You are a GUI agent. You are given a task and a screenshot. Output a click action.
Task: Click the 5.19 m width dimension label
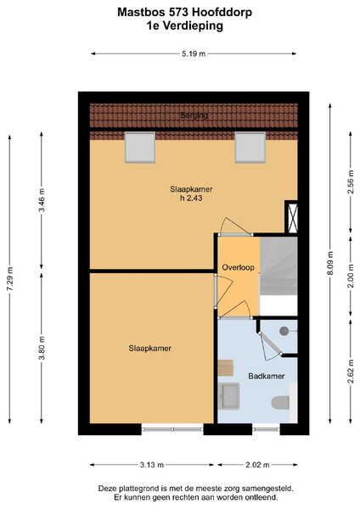point(194,53)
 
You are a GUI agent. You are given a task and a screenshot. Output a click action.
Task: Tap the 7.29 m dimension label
point(9,279)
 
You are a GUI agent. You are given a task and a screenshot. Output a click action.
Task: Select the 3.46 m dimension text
point(42,199)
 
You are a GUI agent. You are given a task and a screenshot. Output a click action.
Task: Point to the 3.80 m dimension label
point(42,348)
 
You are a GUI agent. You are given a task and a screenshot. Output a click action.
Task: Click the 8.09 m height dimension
point(330,263)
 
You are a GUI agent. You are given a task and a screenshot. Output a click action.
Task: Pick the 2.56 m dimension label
point(351,182)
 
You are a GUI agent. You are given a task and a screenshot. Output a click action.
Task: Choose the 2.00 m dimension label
point(351,276)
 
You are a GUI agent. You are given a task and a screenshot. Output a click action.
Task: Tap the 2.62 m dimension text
point(351,372)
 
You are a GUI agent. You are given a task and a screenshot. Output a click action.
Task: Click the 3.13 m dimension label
point(152,465)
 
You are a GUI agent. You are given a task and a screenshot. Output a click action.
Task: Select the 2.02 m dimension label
point(257,465)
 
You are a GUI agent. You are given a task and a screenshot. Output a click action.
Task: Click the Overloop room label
point(238,267)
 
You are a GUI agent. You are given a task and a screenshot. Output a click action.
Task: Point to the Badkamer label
point(267,376)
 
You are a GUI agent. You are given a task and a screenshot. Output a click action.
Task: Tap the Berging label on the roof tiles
point(194,115)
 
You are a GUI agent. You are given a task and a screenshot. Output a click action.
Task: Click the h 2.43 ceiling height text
point(191,198)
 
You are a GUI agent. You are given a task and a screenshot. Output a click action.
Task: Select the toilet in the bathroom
point(280,403)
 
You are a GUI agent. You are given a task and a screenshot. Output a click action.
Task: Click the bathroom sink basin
point(229,396)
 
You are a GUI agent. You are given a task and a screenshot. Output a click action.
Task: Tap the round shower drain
point(284,331)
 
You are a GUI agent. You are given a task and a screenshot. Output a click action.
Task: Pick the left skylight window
point(140,147)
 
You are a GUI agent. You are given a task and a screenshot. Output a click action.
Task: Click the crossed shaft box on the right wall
point(292,217)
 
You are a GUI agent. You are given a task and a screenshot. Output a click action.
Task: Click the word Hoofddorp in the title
point(222,13)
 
